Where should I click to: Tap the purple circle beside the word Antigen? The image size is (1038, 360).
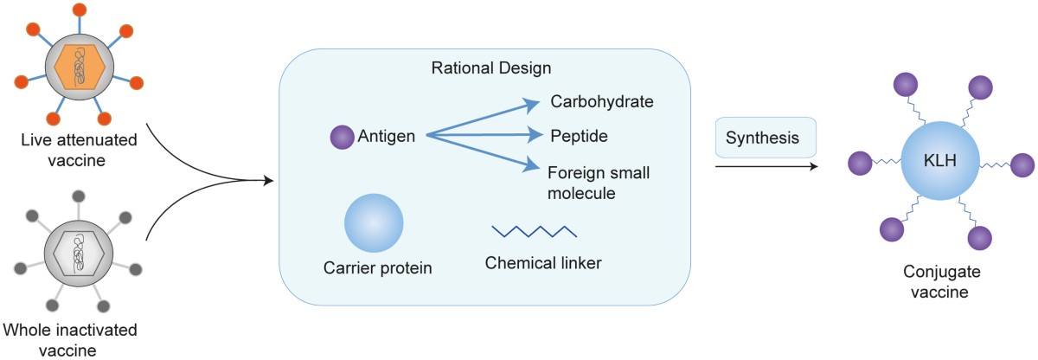(x=343, y=136)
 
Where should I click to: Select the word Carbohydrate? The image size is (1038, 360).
(x=601, y=103)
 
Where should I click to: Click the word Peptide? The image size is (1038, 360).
(x=579, y=136)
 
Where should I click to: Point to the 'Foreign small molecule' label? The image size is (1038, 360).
(x=597, y=182)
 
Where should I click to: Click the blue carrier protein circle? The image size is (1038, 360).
(x=374, y=222)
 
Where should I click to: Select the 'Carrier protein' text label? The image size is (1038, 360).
(x=377, y=268)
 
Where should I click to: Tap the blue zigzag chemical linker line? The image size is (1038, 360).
(x=535, y=231)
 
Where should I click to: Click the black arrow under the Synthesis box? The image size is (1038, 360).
(x=766, y=164)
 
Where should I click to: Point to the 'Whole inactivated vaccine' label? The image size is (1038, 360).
(x=71, y=338)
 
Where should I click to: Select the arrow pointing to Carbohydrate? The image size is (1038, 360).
(x=484, y=119)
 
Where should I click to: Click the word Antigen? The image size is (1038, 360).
(x=385, y=136)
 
